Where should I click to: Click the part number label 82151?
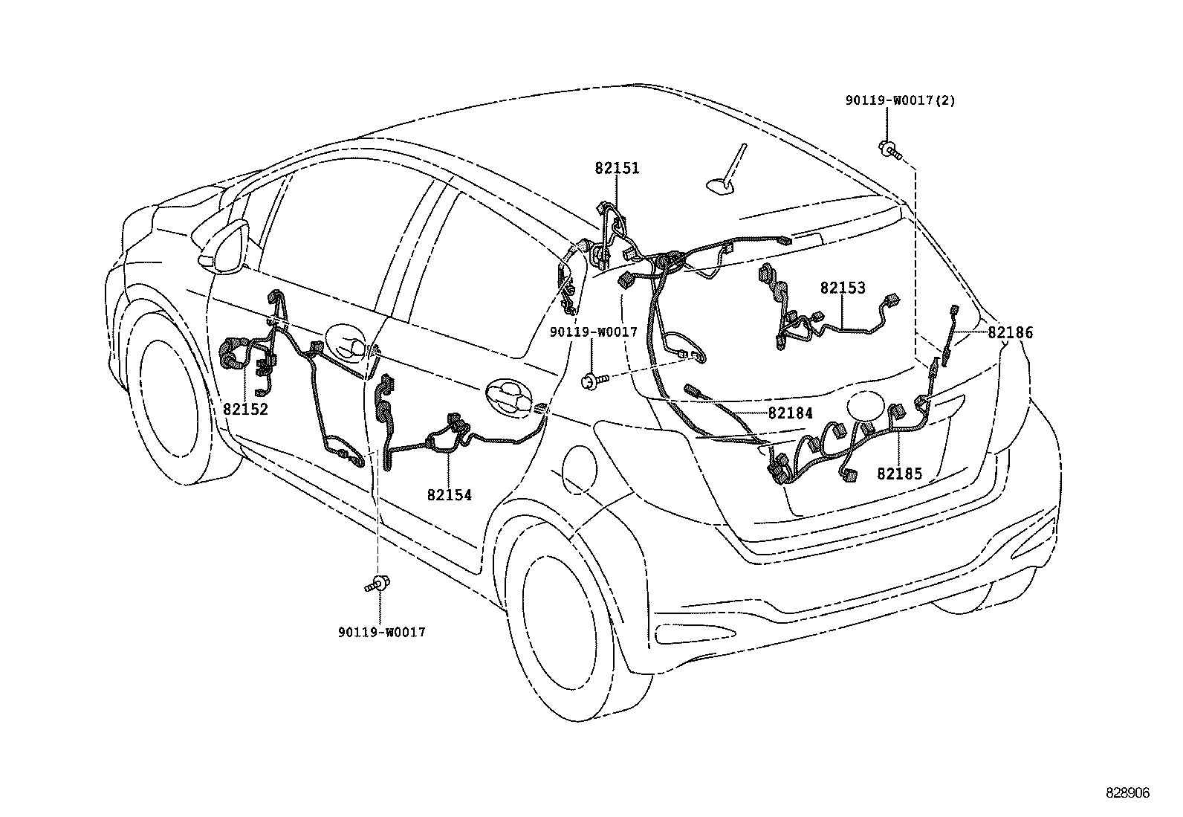[616, 169]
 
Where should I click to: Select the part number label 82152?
[245, 409]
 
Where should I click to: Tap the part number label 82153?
[843, 288]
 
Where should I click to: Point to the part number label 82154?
[449, 494]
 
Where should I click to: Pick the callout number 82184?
[790, 413]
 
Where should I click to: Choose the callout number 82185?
[899, 474]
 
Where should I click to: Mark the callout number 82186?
[1010, 333]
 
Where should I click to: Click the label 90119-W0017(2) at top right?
[900, 100]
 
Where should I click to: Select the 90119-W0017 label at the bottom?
[381, 632]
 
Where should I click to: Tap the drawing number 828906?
[1127, 793]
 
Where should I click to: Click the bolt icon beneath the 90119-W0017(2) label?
[889, 149]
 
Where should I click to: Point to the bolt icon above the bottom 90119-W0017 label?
[379, 584]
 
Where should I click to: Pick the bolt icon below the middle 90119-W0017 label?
[594, 380]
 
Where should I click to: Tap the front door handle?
[349, 343]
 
